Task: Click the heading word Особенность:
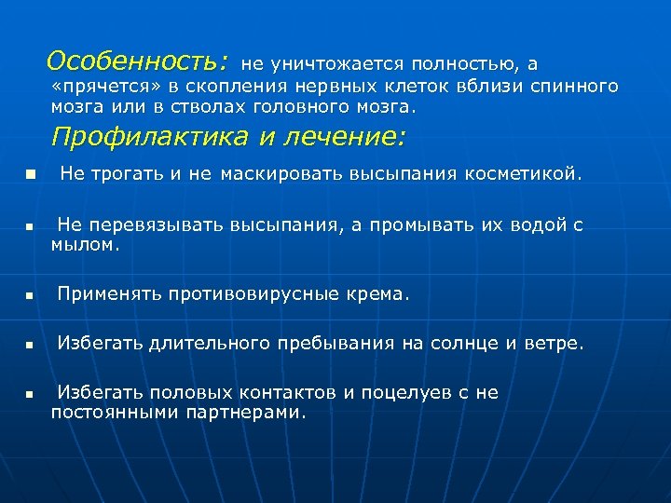(x=136, y=61)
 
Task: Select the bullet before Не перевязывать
(x=30, y=226)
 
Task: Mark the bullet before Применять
(x=30, y=295)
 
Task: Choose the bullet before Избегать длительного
(x=30, y=345)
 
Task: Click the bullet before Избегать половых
(x=30, y=395)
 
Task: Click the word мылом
(x=86, y=246)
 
